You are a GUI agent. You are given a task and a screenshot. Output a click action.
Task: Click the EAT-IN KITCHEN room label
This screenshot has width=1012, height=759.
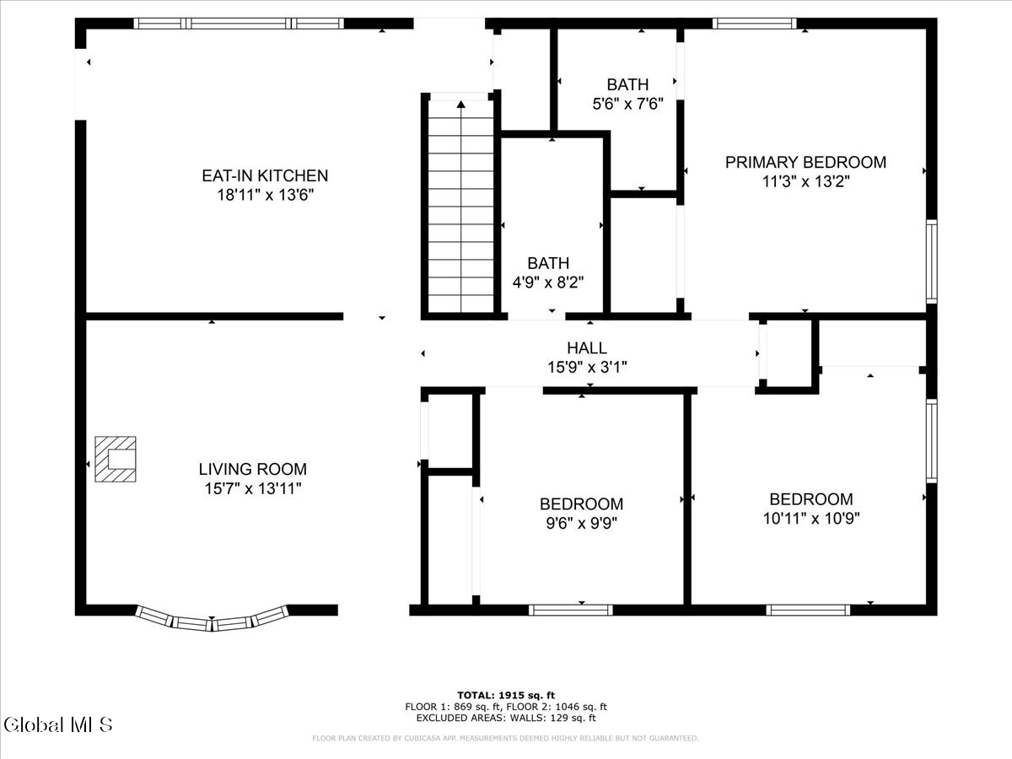(x=265, y=176)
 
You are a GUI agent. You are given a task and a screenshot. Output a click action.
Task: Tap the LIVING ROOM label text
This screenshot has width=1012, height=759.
(x=253, y=469)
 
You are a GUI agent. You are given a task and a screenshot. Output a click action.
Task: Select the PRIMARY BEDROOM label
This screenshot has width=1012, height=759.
(x=805, y=162)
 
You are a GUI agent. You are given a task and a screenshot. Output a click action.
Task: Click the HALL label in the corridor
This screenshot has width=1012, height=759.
(x=586, y=347)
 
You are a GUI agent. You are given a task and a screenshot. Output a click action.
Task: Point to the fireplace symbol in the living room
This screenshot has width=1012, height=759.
(x=116, y=459)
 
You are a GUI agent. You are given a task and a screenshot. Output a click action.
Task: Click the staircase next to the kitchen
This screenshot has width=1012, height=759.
(x=460, y=207)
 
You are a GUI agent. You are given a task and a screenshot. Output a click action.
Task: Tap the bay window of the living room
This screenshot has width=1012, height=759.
(x=213, y=620)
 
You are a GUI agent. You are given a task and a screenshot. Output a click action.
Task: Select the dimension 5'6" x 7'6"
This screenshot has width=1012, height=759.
(x=627, y=105)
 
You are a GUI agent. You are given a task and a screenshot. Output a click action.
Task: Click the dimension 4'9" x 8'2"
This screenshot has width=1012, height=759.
(x=548, y=283)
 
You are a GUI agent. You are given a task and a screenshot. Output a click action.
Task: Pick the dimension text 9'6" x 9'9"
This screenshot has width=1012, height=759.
(x=581, y=524)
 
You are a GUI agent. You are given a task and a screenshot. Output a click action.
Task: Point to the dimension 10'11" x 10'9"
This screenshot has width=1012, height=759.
(x=810, y=519)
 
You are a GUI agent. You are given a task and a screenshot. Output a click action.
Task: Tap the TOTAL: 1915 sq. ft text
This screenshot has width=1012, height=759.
(x=506, y=695)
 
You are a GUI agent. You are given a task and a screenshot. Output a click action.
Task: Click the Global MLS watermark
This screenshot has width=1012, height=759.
(x=57, y=724)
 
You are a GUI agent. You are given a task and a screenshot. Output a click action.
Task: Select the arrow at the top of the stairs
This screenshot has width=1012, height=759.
(x=460, y=105)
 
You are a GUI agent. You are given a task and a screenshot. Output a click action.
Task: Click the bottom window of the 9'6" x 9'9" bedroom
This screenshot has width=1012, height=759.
(x=571, y=609)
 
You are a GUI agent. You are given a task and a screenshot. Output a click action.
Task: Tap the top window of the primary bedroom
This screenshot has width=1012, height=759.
(x=755, y=24)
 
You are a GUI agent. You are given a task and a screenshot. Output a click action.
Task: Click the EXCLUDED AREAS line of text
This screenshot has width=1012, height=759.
(x=506, y=719)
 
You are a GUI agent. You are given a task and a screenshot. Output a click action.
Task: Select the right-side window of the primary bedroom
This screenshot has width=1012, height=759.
(x=931, y=261)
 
